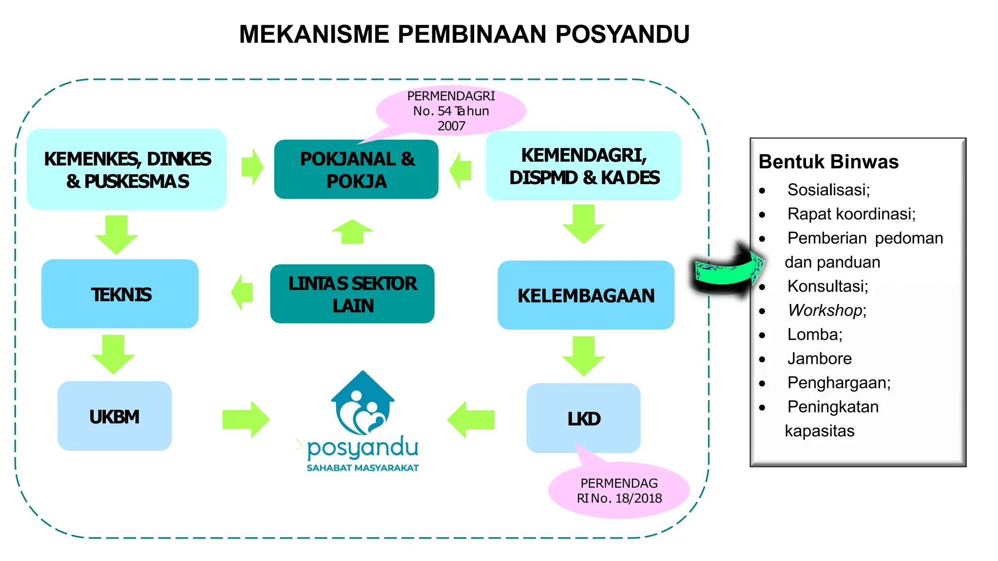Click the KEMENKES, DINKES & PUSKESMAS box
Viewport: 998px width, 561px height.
127,169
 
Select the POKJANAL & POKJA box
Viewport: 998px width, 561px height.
356,169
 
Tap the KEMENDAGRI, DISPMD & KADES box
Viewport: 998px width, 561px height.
583,166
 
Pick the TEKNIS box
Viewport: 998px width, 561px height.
120,294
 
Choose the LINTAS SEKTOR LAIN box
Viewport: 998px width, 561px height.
352,294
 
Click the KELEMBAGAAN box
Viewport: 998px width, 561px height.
586,295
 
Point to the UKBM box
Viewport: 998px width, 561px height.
115,416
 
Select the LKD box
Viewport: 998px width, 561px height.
583,418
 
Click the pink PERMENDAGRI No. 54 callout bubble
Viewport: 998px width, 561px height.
451,111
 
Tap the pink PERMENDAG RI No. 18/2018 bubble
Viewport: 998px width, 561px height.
619,490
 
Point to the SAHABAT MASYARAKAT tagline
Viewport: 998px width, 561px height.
363,468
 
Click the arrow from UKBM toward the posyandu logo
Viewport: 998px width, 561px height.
246,419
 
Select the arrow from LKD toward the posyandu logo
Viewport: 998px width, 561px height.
471,419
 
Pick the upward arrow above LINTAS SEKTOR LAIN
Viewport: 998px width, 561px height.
352,232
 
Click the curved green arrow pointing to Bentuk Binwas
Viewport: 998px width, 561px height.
729,269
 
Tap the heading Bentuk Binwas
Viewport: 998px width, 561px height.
828,162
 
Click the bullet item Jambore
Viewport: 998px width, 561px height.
820,358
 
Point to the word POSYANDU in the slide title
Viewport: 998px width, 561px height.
622,35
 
